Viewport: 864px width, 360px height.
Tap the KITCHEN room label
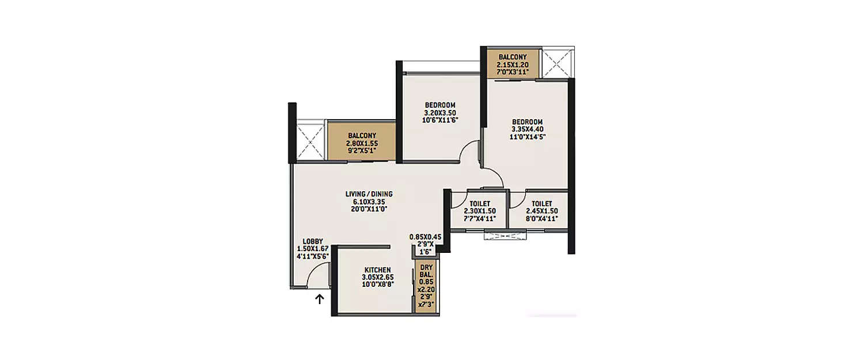[x=377, y=270]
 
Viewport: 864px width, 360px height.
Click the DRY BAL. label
[x=426, y=271]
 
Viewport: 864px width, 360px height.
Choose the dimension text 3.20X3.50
[x=440, y=113]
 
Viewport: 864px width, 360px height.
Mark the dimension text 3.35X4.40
[x=528, y=130]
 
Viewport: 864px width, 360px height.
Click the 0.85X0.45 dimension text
[x=425, y=237]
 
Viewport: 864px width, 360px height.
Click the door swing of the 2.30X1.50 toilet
[x=458, y=199]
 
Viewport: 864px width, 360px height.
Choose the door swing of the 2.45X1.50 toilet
[x=517, y=199]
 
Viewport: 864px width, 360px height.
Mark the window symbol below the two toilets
[x=505, y=235]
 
